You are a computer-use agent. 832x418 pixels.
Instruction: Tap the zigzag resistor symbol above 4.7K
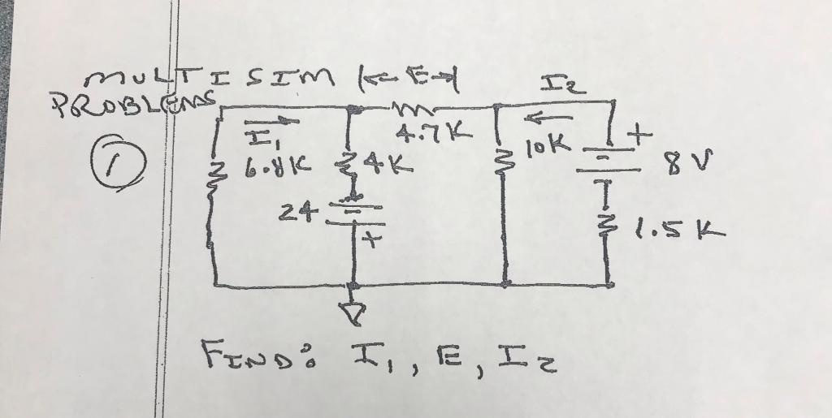pos(420,106)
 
